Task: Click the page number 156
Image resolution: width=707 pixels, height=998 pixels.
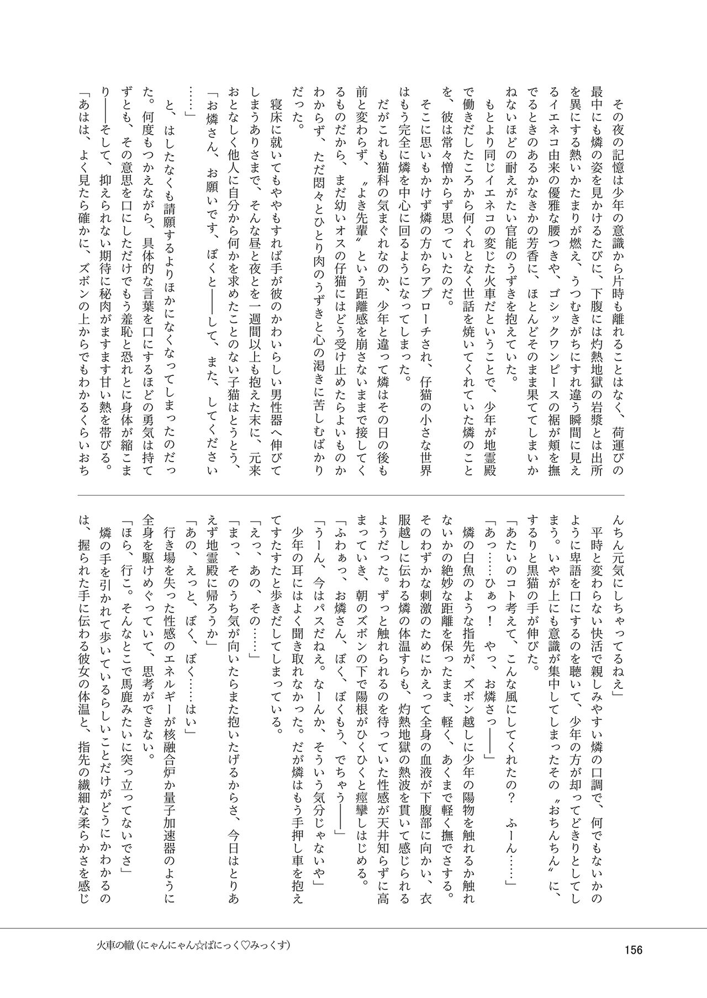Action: [x=632, y=951]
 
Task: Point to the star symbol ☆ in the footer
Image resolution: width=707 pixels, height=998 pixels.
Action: [x=207, y=945]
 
